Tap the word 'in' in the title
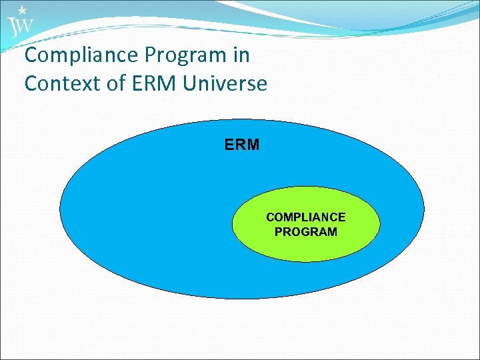tap(242, 55)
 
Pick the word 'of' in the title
tap(113, 84)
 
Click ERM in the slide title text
tap(154, 84)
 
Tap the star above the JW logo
tap(23, 10)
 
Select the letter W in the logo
tap(25, 27)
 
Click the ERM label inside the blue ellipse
tap(242, 145)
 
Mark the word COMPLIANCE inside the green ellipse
tap(305, 217)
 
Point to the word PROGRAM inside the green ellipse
tap(305, 232)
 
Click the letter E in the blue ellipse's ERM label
tap(229, 145)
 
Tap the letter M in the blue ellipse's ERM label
tap(253, 145)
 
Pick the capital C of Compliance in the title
tap(31, 55)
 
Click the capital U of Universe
tap(192, 84)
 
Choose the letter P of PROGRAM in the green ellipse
tap(279, 232)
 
